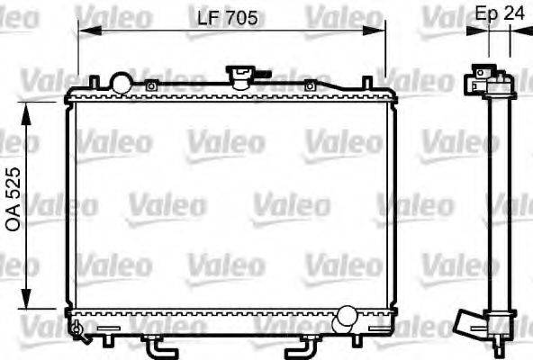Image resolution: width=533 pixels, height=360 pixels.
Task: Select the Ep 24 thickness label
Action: (x=499, y=13)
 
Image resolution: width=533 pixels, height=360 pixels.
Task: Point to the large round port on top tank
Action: (x=121, y=82)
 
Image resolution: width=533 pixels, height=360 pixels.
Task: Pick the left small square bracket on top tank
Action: (x=152, y=86)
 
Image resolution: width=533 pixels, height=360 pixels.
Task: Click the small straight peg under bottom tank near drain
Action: (x=107, y=339)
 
